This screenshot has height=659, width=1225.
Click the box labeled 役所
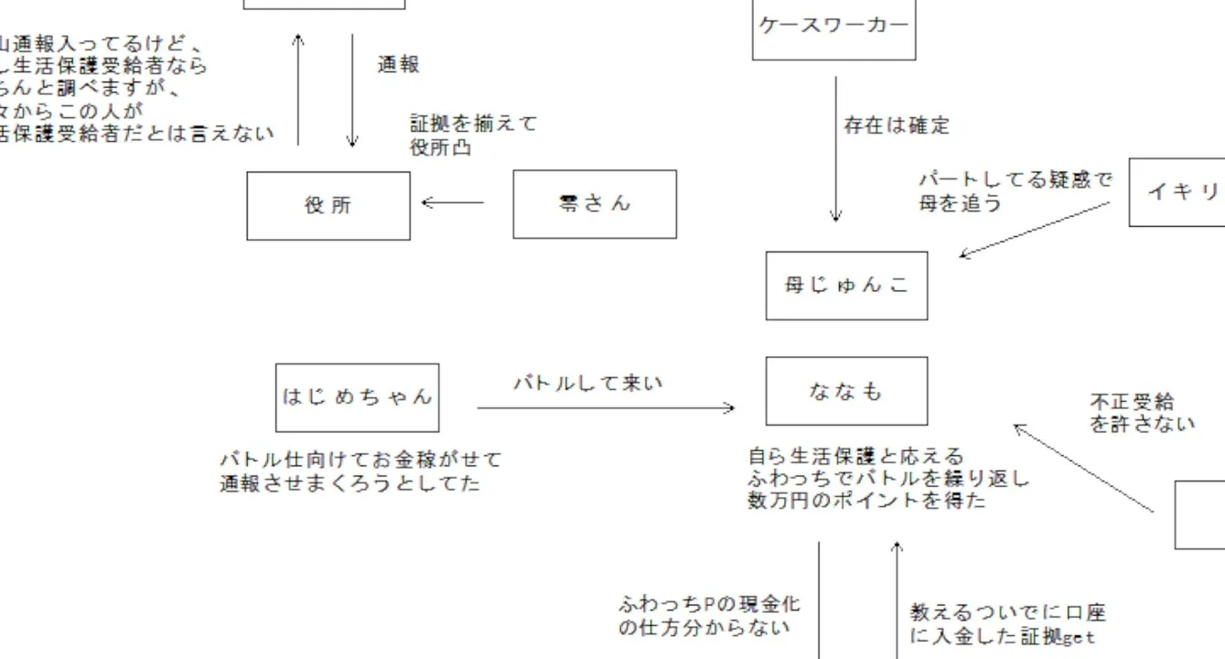328,206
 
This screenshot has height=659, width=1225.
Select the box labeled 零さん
595,204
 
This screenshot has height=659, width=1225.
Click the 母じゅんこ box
846,286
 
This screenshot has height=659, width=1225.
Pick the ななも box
846,391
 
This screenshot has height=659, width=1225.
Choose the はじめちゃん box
357,397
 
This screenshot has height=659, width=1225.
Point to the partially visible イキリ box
1178,192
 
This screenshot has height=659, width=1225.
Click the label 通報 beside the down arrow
399,65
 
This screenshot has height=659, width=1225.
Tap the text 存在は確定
897,126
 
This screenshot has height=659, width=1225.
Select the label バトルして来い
587,384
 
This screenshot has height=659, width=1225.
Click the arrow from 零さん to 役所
452,202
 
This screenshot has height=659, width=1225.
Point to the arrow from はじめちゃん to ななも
606,408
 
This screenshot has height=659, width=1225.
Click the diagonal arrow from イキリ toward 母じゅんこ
1034,229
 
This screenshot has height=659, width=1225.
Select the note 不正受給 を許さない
1142,413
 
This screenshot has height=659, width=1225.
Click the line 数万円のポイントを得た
866,501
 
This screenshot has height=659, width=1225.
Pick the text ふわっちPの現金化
709,605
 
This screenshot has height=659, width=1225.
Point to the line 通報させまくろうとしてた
349,483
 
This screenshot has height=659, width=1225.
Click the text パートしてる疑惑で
1015,180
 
